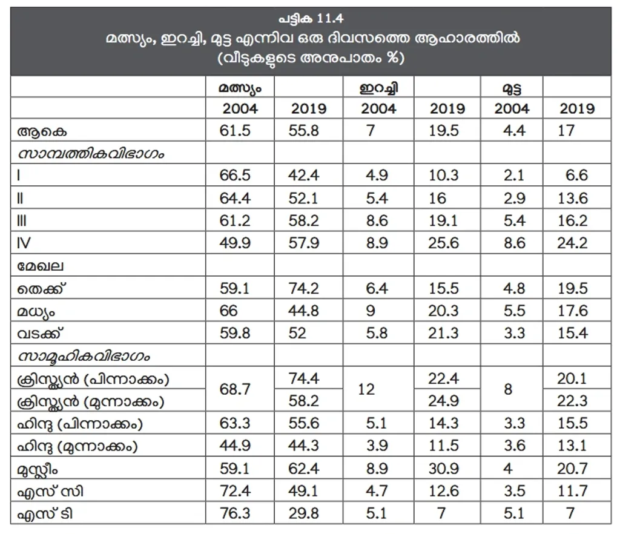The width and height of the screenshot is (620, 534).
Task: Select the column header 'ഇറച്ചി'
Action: click(378, 87)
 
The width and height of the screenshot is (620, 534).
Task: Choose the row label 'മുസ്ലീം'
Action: click(38, 469)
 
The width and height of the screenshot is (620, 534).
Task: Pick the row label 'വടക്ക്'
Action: click(41, 334)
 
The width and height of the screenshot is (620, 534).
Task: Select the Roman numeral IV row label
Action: click(24, 243)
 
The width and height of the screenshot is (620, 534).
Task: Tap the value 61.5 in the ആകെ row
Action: click(235, 131)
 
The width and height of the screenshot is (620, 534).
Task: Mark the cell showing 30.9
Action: click(444, 469)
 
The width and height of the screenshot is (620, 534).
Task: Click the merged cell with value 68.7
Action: click(235, 389)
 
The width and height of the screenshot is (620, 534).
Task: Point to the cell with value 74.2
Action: click(304, 288)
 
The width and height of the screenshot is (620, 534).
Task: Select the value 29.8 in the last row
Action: click(304, 513)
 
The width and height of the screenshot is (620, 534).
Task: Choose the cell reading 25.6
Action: click(444, 243)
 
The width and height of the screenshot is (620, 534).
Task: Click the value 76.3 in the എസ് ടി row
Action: click(235, 513)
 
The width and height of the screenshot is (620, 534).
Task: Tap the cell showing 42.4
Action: click(304, 176)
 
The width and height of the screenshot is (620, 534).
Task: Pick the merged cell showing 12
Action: click(366, 389)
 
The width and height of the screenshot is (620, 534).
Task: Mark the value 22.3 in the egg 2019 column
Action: click(572, 401)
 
